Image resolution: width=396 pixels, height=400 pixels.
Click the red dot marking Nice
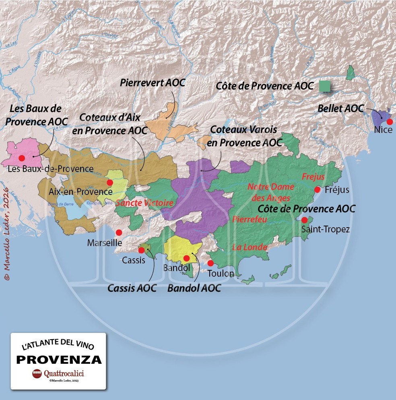pos(390,122)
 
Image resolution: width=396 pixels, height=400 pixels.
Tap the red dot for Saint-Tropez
pos(304,220)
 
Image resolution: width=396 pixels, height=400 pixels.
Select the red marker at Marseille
pos(119,232)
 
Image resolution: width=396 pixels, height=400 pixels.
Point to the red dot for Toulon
pos(210,263)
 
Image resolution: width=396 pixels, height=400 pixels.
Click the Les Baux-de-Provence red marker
pos(22,158)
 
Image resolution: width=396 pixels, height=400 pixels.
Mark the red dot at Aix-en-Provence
pos(109,182)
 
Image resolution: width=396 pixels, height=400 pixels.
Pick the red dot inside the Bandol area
pos(186,258)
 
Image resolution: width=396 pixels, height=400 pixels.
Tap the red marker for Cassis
pos(141,250)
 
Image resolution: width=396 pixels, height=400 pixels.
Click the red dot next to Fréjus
pos(318,189)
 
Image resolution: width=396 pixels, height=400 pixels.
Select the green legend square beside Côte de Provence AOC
pos(325,86)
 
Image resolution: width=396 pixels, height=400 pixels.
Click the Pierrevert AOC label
pos(153,83)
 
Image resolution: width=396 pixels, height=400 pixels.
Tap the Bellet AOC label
pos(340,108)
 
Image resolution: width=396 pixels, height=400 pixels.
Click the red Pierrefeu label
pos(249,220)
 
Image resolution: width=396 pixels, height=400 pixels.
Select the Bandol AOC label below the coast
pos(194,288)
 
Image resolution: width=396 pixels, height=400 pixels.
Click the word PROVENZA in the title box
pos(59,359)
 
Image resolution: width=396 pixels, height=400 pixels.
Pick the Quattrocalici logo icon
pos(37,373)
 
